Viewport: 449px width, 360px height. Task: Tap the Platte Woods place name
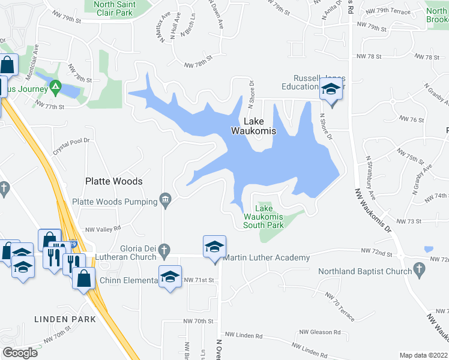pos(113,181)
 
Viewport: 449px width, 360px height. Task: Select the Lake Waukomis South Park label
pos(263,221)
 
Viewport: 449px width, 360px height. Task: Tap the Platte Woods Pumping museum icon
pos(166,200)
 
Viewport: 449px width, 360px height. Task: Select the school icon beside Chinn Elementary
pos(170,276)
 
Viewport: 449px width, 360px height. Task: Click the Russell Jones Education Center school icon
pos(330,90)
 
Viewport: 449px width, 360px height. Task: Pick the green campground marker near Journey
pos(56,88)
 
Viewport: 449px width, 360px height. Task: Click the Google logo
pos(20,352)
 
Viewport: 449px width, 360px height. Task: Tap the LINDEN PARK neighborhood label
pos(65,319)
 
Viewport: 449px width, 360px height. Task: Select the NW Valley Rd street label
pos(103,228)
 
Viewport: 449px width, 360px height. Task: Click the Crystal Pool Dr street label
pos(71,146)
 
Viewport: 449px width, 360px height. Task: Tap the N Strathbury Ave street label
pos(371,178)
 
